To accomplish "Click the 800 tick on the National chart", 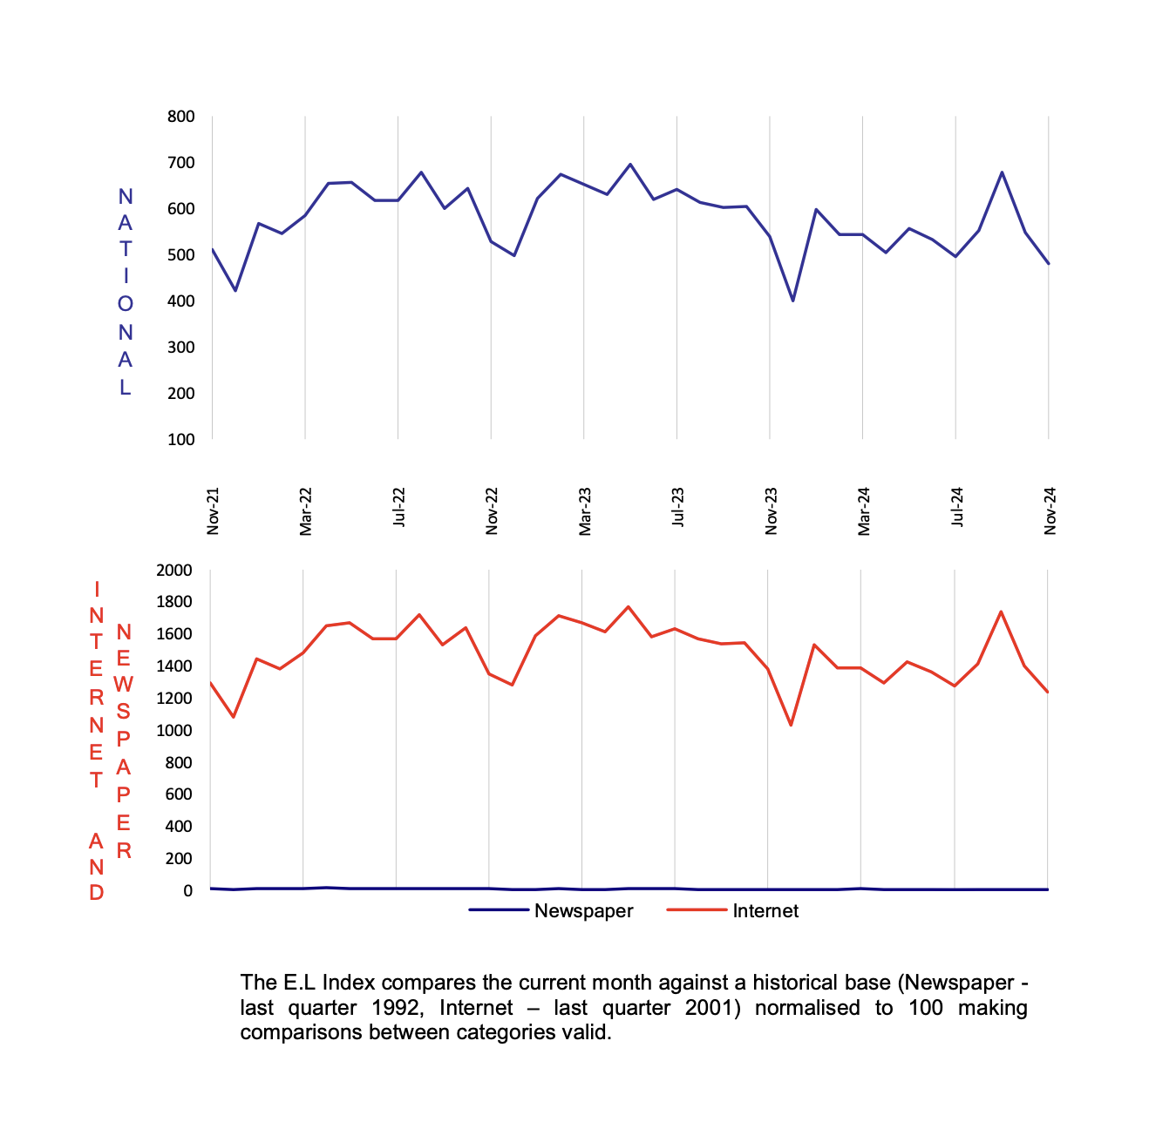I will (x=181, y=117).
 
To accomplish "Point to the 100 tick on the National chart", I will (x=181, y=439).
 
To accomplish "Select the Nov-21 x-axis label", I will (x=213, y=510).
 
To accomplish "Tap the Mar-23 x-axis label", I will (x=585, y=510).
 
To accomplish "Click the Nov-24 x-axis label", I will (x=1050, y=510).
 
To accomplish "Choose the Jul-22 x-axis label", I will (x=399, y=507).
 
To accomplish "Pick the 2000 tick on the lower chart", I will (x=173, y=571).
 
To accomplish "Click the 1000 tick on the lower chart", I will (x=173, y=731).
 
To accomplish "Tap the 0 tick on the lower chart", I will (x=187, y=890).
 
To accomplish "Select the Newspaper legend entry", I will (x=583, y=911).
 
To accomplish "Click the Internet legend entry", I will (x=765, y=911).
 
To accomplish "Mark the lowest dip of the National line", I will (x=792, y=301).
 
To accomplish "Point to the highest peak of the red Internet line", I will (x=629, y=606).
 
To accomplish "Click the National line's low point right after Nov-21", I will (x=235, y=290).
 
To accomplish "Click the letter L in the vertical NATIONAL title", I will (x=126, y=388).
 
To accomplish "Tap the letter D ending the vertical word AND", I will (x=97, y=893).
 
